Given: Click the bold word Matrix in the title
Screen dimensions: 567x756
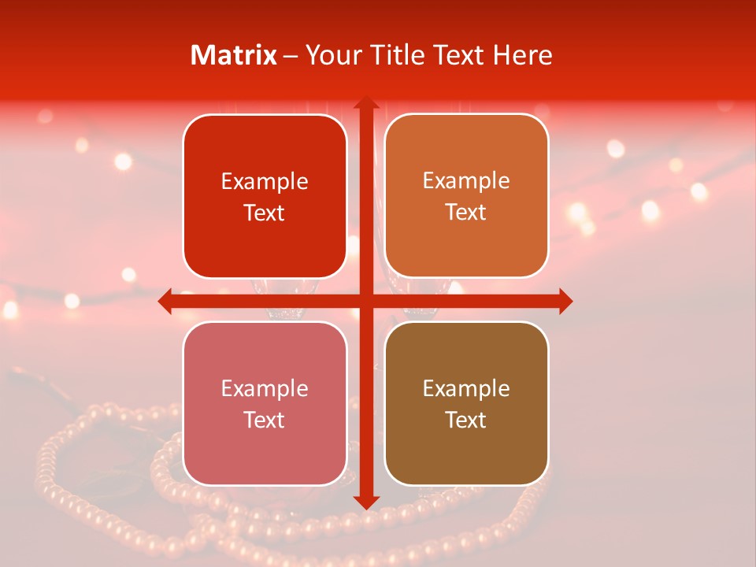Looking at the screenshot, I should coord(234,55).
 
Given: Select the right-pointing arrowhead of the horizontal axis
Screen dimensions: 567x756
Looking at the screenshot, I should coord(565,301).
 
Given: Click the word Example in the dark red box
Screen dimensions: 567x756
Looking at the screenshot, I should coord(265,182).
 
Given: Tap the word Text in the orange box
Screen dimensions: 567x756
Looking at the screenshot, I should coord(466,213).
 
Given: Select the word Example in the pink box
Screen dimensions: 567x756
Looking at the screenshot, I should coord(265,388).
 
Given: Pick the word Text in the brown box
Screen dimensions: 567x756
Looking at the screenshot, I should coord(466,420).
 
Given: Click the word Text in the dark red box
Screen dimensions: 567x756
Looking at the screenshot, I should coord(265,213).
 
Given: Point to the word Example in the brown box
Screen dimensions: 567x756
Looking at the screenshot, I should coord(466,388).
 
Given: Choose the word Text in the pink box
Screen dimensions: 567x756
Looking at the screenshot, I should coord(265,420).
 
